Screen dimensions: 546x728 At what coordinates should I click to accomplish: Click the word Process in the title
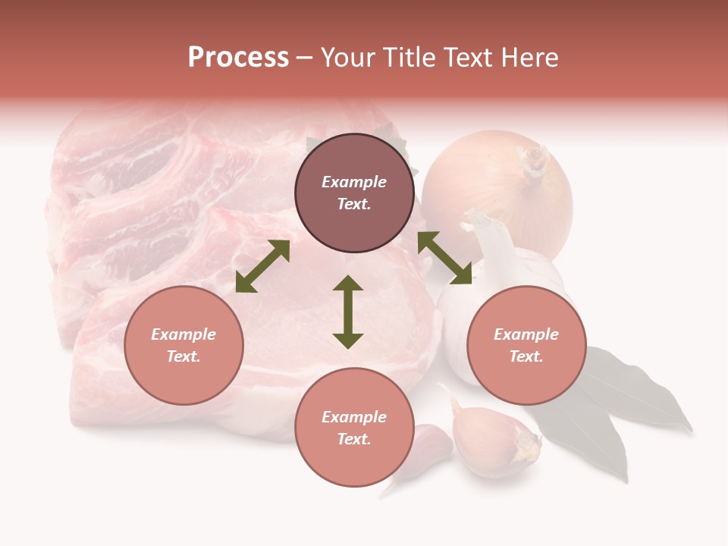[238, 58]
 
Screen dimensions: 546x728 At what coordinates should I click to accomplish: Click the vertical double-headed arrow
[348, 312]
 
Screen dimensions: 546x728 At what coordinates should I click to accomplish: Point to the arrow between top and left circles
[262, 266]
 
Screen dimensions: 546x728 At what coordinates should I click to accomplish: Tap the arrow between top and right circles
[445, 258]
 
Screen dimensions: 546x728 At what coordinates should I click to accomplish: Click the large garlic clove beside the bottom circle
[493, 440]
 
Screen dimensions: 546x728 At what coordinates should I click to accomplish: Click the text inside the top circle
[354, 193]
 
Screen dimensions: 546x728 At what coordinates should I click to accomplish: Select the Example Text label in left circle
[184, 345]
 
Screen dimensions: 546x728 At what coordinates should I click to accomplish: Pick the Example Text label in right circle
[526, 345]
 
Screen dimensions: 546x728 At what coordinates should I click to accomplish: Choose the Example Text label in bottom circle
[354, 428]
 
